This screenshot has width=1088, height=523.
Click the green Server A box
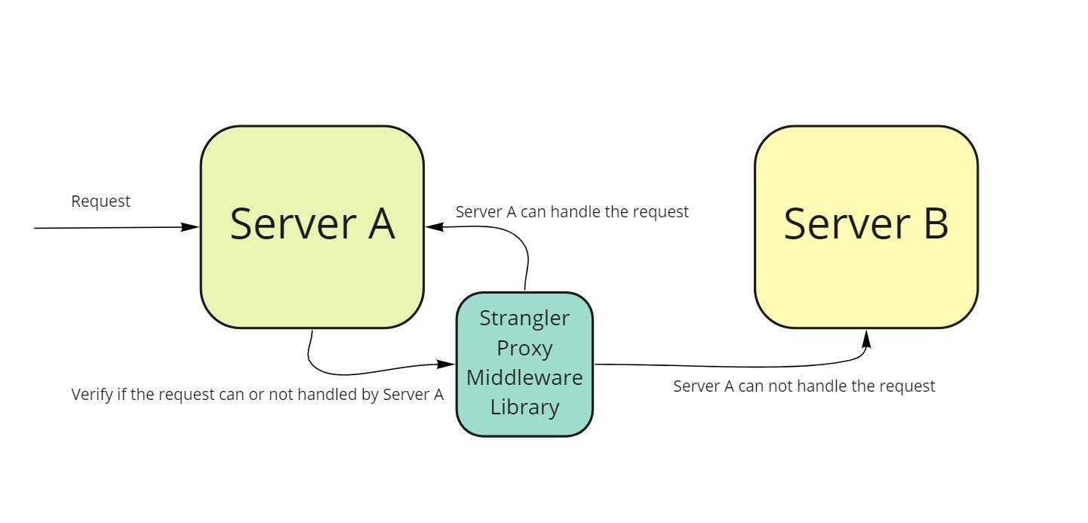coord(312,226)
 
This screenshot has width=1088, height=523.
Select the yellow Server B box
coord(866,226)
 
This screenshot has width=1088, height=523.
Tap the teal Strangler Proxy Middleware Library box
coord(524,365)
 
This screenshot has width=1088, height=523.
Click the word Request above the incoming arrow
coord(100,202)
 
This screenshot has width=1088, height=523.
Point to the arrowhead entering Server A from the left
coord(190,226)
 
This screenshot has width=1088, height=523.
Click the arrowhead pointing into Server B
coord(866,339)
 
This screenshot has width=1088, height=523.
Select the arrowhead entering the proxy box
coord(446,364)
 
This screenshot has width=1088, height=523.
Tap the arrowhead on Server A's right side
coord(435,226)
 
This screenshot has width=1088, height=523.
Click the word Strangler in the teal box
coord(524,318)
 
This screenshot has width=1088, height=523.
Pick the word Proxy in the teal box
coord(524,349)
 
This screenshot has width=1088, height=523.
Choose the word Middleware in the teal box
coord(524,377)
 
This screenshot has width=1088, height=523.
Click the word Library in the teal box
coord(524,407)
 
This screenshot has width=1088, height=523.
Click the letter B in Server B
coord(936,224)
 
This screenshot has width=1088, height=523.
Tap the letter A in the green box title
coord(382,224)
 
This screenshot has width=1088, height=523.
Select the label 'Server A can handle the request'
coord(572,212)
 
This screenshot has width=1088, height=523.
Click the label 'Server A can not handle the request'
coord(804,386)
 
